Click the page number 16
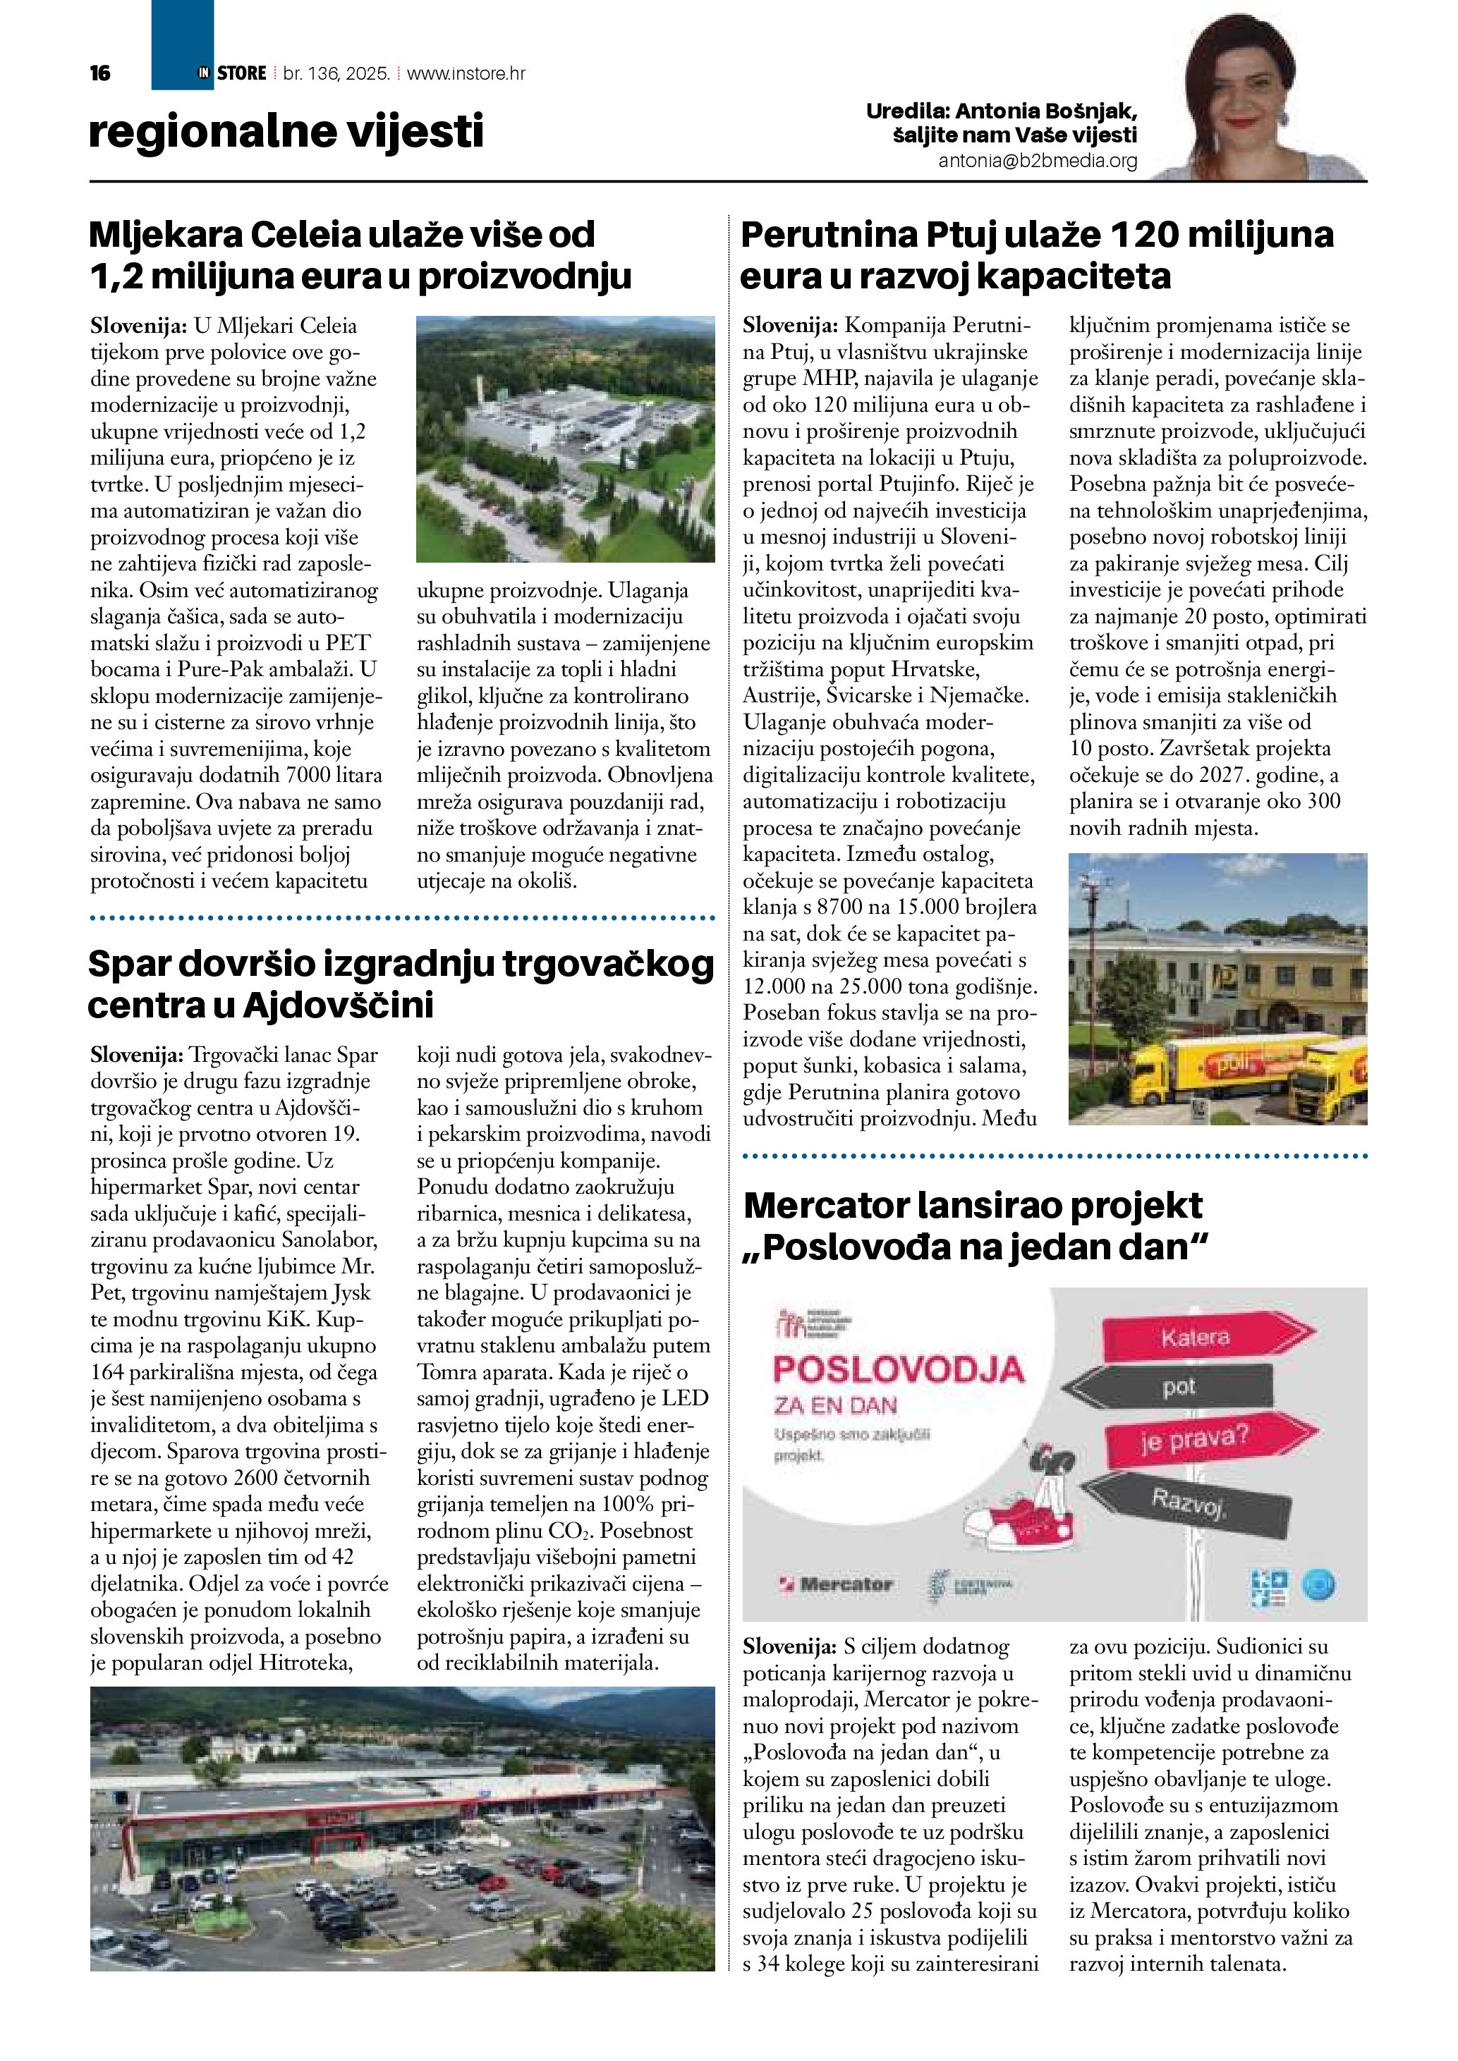99,73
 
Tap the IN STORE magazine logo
231,73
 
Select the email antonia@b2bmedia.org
1037,161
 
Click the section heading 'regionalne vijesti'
286,132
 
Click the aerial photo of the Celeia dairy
565,439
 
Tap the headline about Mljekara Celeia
359,256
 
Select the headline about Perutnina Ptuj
1037,256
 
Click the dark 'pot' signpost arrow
1178,1388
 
